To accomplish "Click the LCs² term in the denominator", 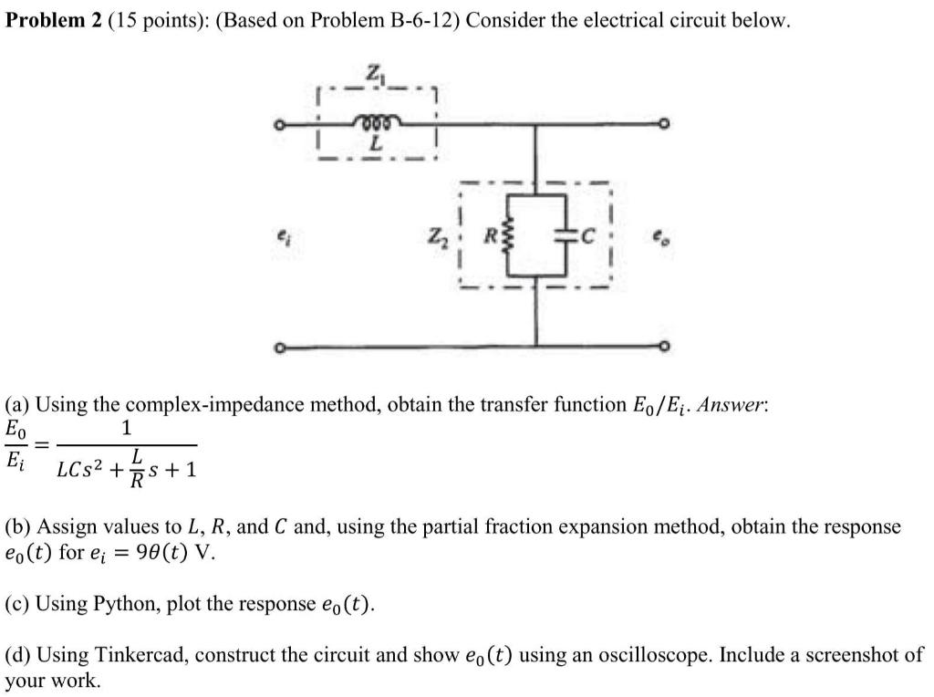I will click(84, 471).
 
